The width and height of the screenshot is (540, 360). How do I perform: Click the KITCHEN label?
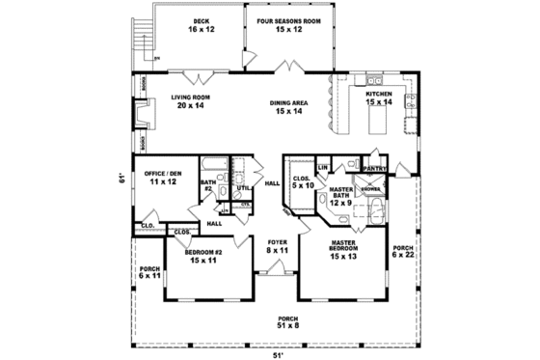[x=376, y=94]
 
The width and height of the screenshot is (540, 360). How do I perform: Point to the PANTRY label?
[x=374, y=168]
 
